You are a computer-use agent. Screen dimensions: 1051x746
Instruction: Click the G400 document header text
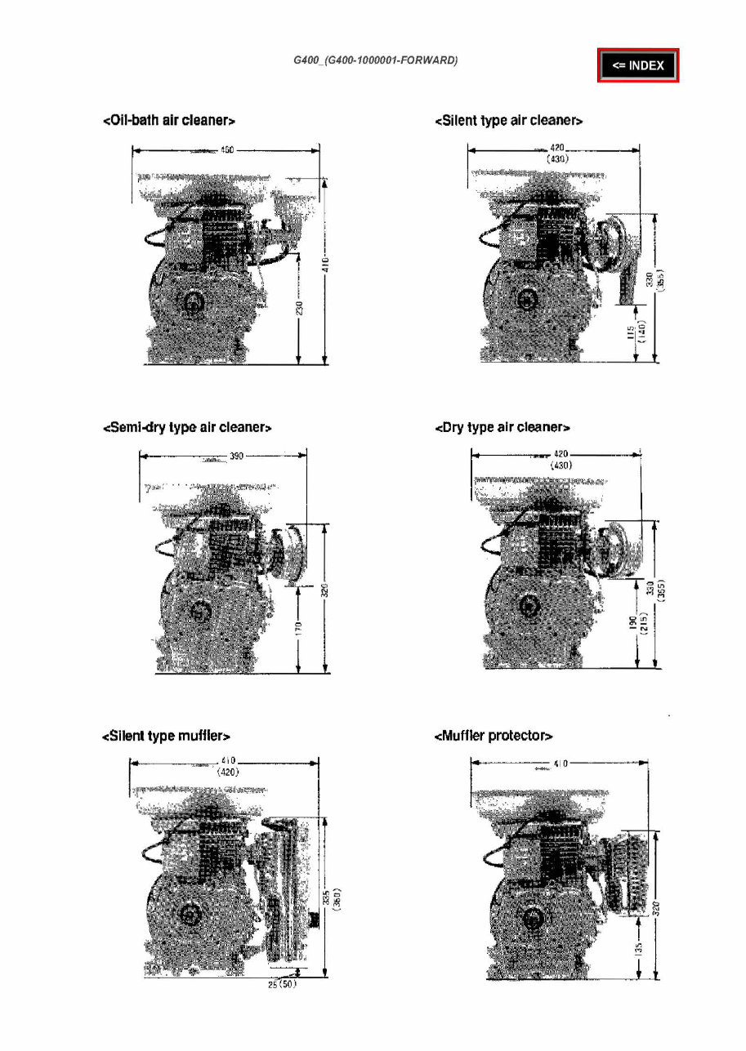click(375, 61)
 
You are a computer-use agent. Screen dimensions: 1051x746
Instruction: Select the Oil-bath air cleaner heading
click(169, 121)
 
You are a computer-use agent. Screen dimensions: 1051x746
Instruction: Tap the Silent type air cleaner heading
click(508, 121)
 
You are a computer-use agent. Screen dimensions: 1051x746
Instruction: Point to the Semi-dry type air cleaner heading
click(187, 427)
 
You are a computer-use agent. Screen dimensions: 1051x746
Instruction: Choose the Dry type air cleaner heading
click(503, 427)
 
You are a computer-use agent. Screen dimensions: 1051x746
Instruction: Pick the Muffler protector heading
click(494, 737)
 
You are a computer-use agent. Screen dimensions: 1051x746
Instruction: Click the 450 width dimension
click(227, 149)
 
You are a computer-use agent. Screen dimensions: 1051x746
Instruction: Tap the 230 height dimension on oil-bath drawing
click(300, 310)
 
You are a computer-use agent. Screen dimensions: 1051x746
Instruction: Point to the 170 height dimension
click(299, 630)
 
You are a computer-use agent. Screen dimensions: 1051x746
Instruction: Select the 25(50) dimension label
click(282, 985)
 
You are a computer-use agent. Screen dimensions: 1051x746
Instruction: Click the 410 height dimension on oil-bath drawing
click(325, 265)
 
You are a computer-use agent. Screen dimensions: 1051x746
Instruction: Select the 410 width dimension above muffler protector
click(561, 764)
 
